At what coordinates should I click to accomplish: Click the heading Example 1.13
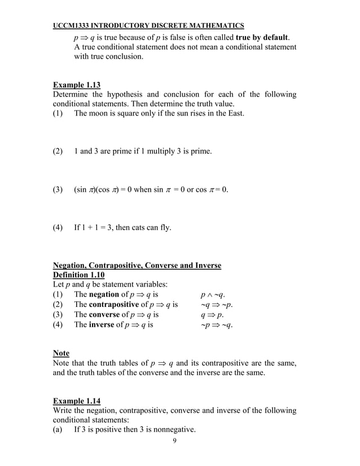[76, 85]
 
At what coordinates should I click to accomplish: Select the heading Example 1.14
[76, 401]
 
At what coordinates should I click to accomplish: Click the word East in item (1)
[234, 114]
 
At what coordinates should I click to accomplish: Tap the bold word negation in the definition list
[105, 294]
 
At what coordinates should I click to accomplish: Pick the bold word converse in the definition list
[105, 315]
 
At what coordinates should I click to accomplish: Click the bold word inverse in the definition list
[102, 325]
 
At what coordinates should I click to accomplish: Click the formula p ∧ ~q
[213, 294]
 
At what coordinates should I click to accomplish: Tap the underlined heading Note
[61, 353]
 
